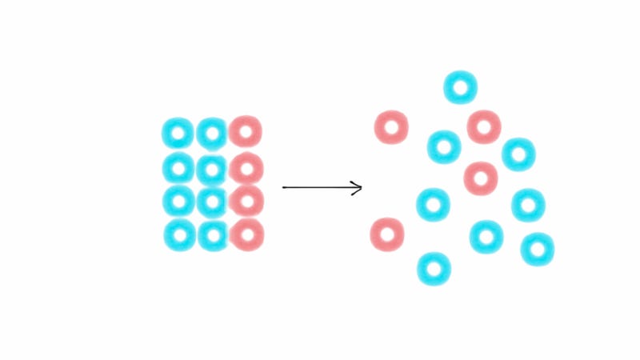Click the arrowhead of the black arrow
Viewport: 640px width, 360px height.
point(360,188)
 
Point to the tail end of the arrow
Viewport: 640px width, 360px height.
point(284,187)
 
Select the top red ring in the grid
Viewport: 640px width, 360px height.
point(246,131)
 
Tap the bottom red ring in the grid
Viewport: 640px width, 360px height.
point(247,234)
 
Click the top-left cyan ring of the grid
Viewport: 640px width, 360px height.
point(178,134)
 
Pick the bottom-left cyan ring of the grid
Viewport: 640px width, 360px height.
point(180,235)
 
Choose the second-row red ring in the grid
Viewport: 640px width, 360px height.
point(246,169)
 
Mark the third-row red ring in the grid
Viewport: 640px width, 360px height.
point(246,201)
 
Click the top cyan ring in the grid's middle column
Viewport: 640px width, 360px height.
point(212,134)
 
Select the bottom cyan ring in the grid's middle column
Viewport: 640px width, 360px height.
point(213,235)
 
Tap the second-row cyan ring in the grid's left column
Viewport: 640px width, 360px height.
point(178,168)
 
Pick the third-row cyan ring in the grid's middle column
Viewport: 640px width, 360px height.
point(212,202)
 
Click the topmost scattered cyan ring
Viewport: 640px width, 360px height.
point(460,87)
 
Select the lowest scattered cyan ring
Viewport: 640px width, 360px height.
point(434,269)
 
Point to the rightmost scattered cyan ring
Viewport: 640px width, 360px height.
point(537,250)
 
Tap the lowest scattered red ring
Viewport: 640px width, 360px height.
point(387,234)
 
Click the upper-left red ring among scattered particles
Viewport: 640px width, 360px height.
point(391,127)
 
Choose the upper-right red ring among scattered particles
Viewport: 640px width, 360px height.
point(484,127)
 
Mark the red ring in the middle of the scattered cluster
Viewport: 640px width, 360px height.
point(481,178)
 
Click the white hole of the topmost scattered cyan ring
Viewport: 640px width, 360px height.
point(460,87)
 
